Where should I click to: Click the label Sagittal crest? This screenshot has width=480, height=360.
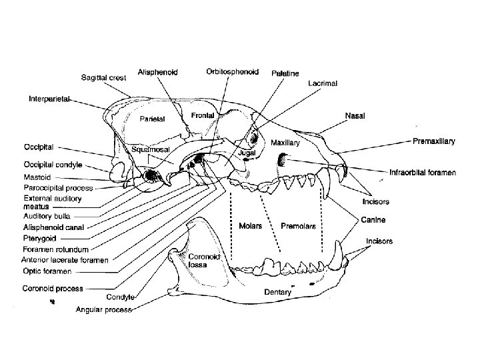104,77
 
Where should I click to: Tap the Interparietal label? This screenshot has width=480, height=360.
51,99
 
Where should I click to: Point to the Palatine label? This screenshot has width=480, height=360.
285,73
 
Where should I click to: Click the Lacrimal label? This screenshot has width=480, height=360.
323,83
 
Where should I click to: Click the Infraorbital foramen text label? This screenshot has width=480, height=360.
422,172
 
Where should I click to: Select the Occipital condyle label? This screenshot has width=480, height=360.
54,163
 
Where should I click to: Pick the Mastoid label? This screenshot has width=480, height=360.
37,177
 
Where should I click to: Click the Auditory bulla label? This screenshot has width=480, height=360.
47,217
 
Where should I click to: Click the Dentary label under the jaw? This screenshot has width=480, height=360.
277,291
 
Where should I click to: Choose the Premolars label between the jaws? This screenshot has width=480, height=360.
297,226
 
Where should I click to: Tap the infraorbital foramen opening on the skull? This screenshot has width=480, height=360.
283,160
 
